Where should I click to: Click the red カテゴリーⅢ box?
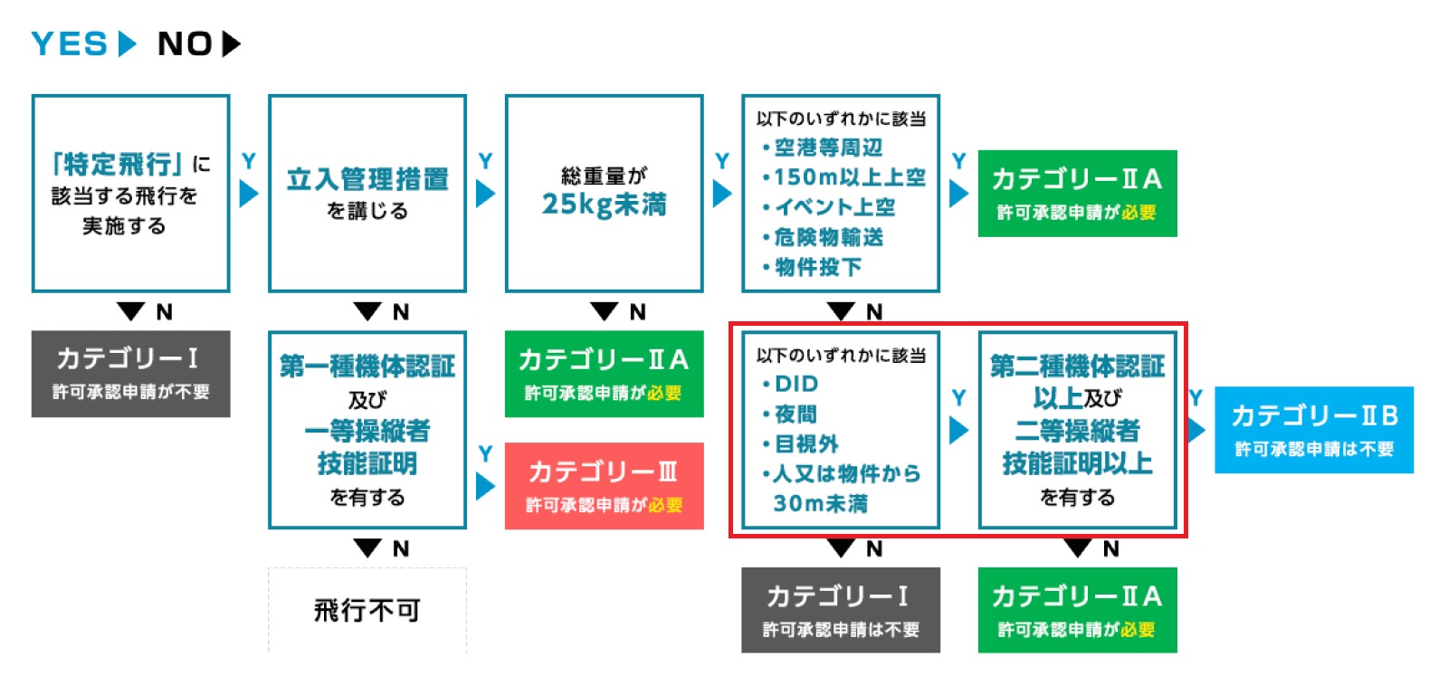[604, 485]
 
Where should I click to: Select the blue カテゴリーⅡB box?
[1313, 430]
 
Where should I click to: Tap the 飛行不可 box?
[367, 610]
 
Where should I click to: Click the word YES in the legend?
[70, 43]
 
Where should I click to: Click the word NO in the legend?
[185, 43]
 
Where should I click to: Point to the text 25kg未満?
[604, 205]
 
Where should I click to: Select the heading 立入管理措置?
[367, 179]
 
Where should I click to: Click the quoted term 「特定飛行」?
[118, 164]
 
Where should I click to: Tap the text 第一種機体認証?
[367, 367]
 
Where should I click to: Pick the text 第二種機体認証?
[1077, 367]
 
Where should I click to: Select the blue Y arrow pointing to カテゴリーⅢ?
[485, 486]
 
